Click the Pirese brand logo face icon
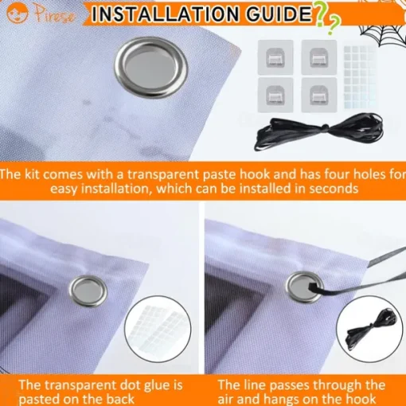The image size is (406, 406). (17, 13)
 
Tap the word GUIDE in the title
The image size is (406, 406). (279, 14)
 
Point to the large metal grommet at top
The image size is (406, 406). (151, 68)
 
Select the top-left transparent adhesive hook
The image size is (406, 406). (275, 57)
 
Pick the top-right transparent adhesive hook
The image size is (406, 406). (319, 57)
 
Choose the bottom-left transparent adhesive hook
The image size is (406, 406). (275, 95)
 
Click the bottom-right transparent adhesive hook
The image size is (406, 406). (319, 95)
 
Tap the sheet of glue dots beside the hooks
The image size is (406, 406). (360, 77)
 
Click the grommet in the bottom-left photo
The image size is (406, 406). (88, 291)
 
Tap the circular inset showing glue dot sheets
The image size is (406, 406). (158, 329)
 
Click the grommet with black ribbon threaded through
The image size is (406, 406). (305, 287)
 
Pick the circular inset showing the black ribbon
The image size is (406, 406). (369, 329)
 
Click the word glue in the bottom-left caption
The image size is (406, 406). (156, 386)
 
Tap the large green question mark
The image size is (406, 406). (321, 15)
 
